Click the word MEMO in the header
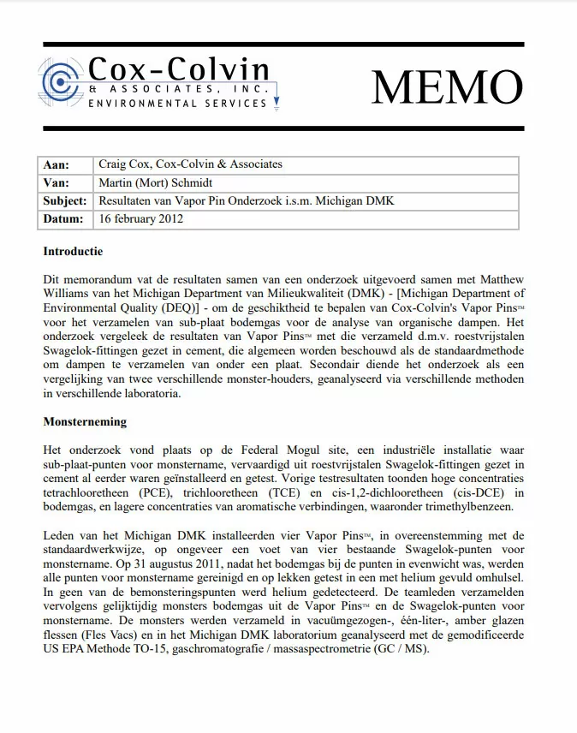point(446,86)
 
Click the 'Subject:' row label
point(65,201)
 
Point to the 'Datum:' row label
point(62,219)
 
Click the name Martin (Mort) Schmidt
point(157,182)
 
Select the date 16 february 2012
point(141,219)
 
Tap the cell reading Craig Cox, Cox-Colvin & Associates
point(190,164)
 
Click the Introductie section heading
point(73,252)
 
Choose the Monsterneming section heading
point(85,422)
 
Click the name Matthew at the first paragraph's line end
point(496,280)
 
